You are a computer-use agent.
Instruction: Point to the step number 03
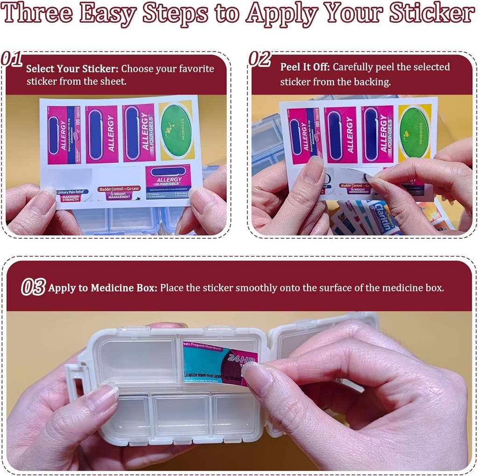[x=33, y=287]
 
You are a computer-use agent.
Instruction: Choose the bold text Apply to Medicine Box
[x=102, y=288]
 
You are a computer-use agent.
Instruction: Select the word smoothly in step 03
[x=256, y=288]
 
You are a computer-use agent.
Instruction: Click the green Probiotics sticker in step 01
[x=176, y=131]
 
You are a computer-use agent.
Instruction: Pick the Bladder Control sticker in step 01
[x=119, y=192]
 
